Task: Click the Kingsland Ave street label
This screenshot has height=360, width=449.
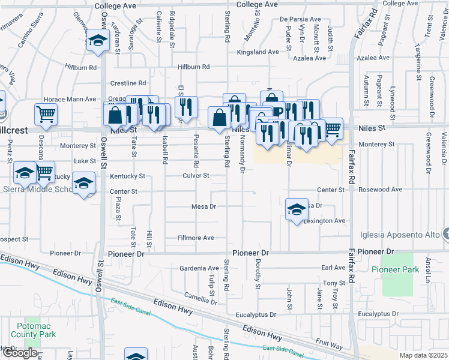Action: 258,52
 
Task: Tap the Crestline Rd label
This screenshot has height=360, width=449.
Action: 128,83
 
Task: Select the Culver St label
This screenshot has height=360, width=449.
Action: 196,176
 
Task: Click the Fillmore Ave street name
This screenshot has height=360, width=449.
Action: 196,238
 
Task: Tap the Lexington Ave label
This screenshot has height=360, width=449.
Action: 325,221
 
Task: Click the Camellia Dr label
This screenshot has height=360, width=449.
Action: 200,296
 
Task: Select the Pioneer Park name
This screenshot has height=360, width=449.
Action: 395,270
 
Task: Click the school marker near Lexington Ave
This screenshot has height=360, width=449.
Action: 297,209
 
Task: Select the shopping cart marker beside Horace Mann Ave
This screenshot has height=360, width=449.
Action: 46,115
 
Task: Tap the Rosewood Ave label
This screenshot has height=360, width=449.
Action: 379,190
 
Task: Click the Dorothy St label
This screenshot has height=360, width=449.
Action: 256,274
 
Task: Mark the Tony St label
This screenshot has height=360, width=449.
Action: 331,283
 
